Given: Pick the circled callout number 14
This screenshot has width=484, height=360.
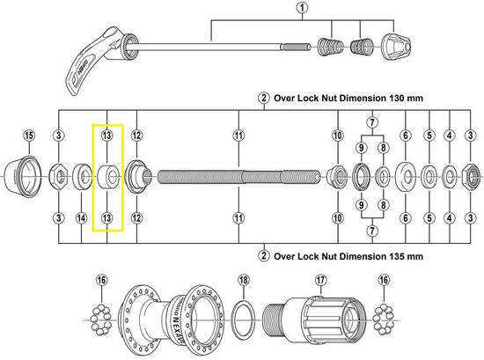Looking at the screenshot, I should click(x=81, y=217).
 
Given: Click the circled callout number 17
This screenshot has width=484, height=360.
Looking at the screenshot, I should click(x=321, y=280).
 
